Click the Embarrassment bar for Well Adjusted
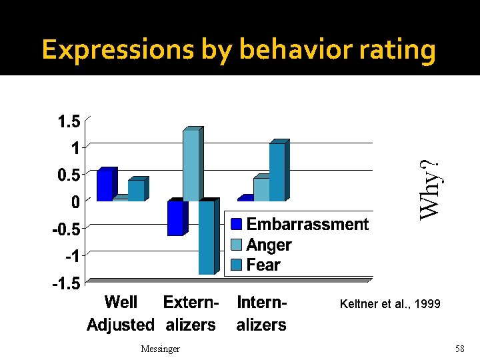click(105, 185)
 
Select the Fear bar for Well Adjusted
click(137, 191)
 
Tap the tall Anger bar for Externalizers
click(191, 165)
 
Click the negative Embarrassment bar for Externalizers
click(175, 218)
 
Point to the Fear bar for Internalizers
click(277, 172)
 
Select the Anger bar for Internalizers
click(261, 189)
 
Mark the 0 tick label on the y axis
click(75, 201)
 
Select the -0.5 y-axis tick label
click(67, 229)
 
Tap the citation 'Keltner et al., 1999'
click(390, 304)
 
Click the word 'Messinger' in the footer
click(161, 349)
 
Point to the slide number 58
click(459, 349)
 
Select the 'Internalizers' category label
click(262, 313)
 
